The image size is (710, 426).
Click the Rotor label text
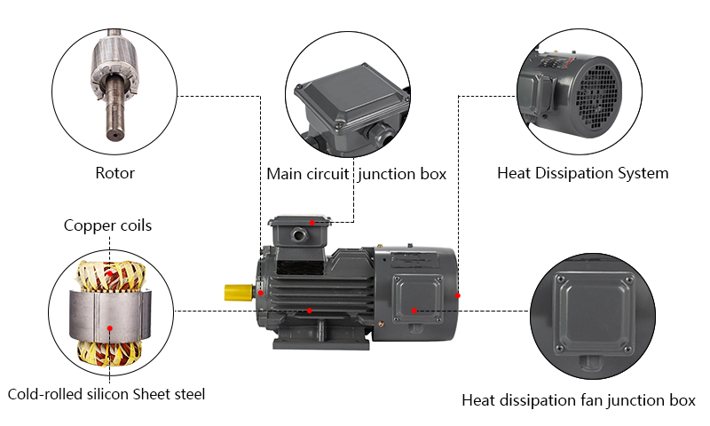pyautogui.click(x=114, y=172)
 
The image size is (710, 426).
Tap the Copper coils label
pyautogui.click(x=107, y=225)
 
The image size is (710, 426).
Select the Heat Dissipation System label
pyautogui.click(x=582, y=172)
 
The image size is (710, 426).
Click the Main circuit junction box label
pyautogui.click(x=356, y=173)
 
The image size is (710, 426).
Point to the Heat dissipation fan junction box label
pyautogui.click(x=578, y=400)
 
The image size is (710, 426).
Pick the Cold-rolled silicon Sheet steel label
pyautogui.click(x=112, y=394)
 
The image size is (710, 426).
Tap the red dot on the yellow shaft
pyautogui.click(x=261, y=293)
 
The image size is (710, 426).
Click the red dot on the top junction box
pyautogui.click(x=312, y=222)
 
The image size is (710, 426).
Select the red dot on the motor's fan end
pyautogui.click(x=458, y=293)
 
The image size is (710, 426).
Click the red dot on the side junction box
pyautogui.click(x=414, y=310)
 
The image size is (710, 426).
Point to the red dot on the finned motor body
pyautogui.click(x=309, y=310)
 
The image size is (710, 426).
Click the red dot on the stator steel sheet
pyautogui.click(x=109, y=327)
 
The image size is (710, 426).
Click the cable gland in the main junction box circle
pyautogui.click(x=383, y=133)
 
